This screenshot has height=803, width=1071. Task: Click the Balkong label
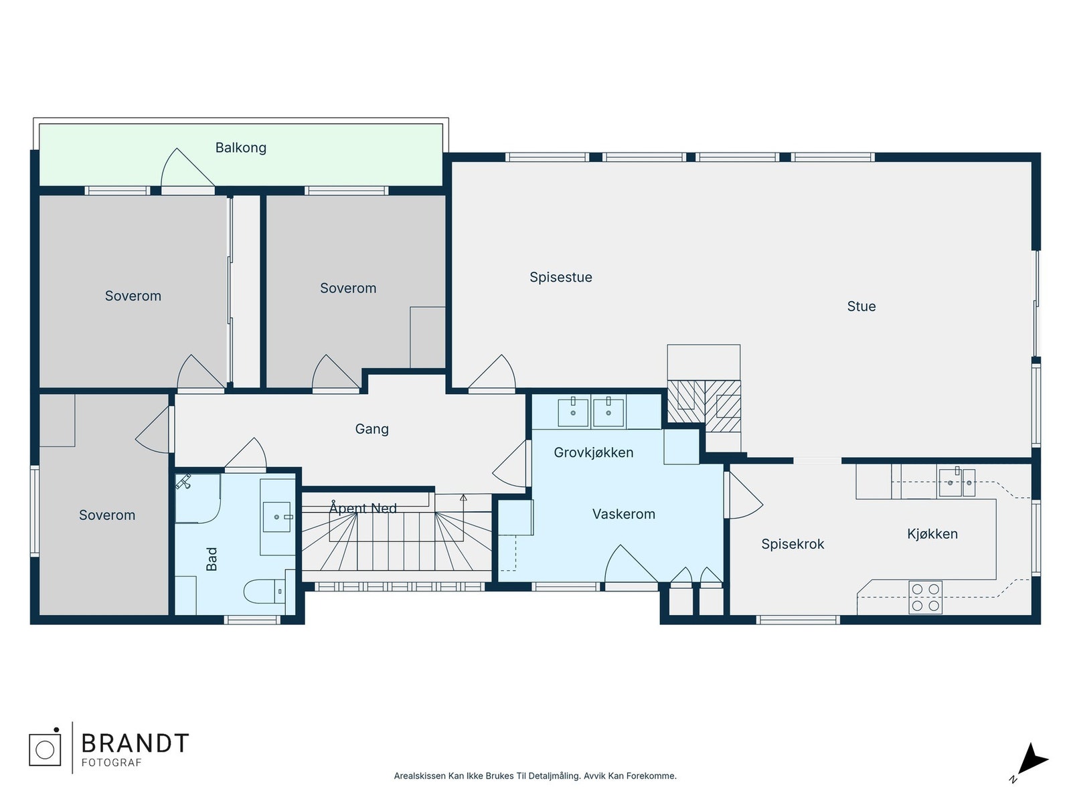[x=240, y=147]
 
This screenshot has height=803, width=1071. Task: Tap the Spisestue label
[x=561, y=277]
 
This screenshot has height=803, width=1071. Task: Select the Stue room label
[x=861, y=306]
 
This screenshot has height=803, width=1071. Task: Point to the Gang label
[x=372, y=429]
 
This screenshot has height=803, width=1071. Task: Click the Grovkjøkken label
[x=593, y=452]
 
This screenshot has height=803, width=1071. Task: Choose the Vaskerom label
[x=624, y=514]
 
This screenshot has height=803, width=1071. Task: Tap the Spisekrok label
[x=793, y=543]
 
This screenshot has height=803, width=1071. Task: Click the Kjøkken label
[x=932, y=534]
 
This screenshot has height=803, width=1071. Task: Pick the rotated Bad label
[x=212, y=559]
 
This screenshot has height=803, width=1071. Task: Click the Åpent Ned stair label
[x=363, y=508]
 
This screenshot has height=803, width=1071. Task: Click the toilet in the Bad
[x=265, y=592]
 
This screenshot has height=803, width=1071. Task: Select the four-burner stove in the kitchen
[x=925, y=598]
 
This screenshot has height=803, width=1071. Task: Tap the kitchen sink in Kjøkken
[x=957, y=482]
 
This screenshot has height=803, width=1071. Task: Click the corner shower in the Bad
[x=197, y=498]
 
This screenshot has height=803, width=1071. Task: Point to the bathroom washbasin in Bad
[x=276, y=517]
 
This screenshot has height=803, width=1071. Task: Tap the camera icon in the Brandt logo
[x=45, y=749]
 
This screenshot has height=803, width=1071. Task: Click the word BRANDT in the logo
[x=135, y=743]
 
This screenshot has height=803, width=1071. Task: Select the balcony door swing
[x=187, y=167]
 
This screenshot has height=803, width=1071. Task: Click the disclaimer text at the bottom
[x=535, y=776]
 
